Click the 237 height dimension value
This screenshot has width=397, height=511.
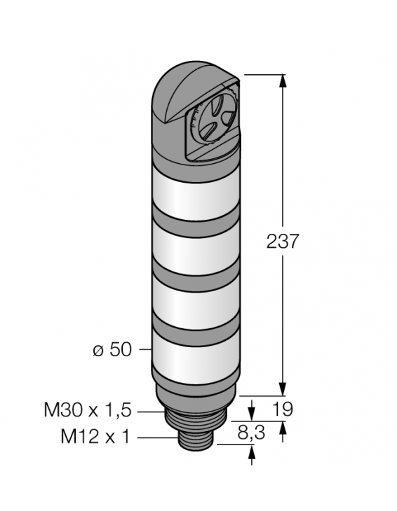[x=283, y=242]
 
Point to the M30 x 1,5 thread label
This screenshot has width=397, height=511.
[x=87, y=411]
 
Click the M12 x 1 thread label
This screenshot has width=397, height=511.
[x=96, y=437]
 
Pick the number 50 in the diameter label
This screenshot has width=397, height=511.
[x=121, y=349]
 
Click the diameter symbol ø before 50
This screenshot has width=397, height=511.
[x=98, y=349]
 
